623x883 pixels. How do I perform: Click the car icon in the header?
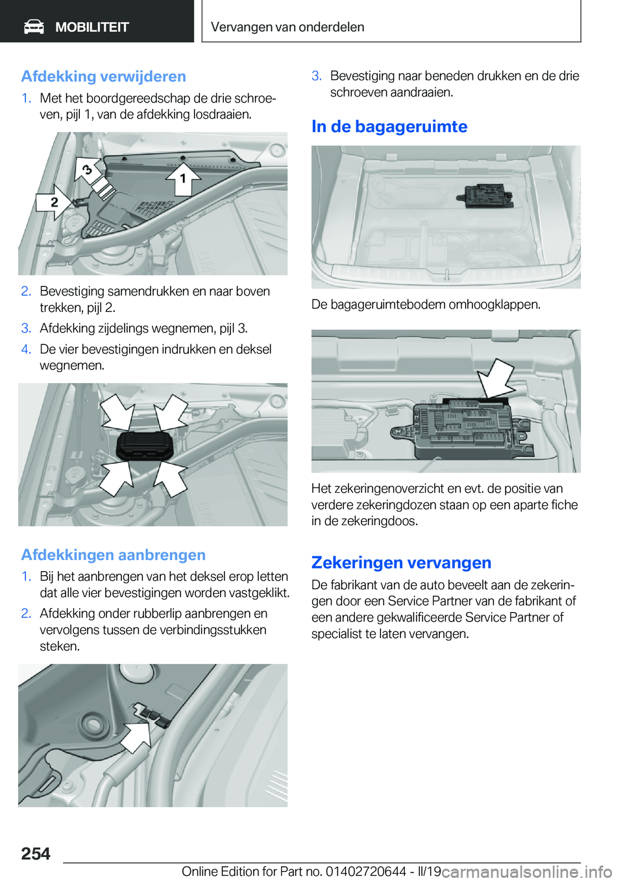click(34, 27)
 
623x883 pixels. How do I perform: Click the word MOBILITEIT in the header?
click(92, 27)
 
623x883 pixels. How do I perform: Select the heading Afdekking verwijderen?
click(103, 77)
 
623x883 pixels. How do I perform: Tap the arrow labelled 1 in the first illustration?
click(183, 177)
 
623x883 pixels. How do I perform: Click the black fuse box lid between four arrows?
click(144, 445)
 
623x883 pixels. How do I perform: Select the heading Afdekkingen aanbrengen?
click(113, 555)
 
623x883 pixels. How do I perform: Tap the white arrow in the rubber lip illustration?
click(136, 736)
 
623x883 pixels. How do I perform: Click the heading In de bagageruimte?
click(389, 126)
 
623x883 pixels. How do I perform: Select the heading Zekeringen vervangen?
click(401, 563)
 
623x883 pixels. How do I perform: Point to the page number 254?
click(36, 854)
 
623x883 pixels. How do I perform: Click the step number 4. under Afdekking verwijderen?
click(26, 349)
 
